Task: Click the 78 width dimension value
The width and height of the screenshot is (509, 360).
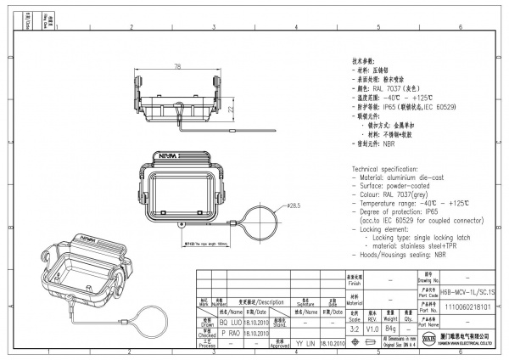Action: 177,66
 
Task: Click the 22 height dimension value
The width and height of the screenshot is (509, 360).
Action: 232,110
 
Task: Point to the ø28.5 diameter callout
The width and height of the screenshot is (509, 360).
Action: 294,205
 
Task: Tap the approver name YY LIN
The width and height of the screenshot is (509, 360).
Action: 305,345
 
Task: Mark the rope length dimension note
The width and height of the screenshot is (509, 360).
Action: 207,242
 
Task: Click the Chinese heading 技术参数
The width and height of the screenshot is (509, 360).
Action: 363,63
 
